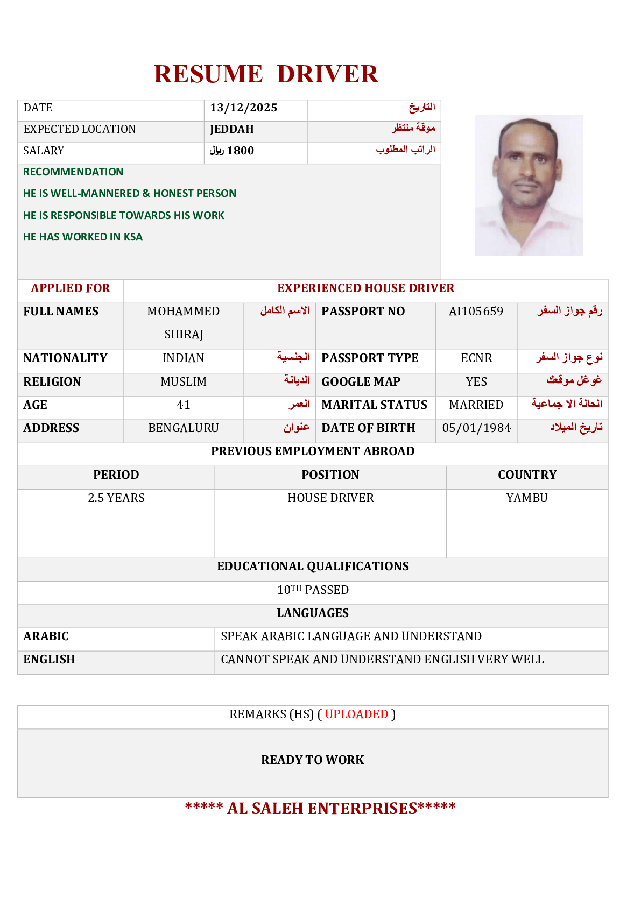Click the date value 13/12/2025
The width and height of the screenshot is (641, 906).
click(x=243, y=108)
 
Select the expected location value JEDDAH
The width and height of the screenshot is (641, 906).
click(x=231, y=130)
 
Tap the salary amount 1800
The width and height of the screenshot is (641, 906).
click(x=240, y=151)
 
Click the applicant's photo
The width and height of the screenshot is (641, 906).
click(x=529, y=186)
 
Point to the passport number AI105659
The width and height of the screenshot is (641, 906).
click(x=476, y=312)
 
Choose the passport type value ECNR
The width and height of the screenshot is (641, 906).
click(x=476, y=358)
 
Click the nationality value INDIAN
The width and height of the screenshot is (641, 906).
click(x=184, y=358)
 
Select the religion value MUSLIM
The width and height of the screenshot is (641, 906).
click(x=184, y=382)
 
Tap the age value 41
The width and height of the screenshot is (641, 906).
click(x=184, y=405)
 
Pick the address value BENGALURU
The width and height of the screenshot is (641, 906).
click(x=184, y=428)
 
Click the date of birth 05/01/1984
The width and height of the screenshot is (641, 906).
click(x=476, y=428)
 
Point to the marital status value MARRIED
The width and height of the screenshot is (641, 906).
click(x=476, y=405)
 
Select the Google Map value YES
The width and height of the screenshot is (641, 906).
click(x=476, y=382)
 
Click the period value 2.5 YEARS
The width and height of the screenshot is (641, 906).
click(x=116, y=498)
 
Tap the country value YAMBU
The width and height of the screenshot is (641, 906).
click(x=527, y=498)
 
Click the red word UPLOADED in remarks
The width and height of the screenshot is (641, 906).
click(x=356, y=714)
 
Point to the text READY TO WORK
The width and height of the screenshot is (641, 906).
click(x=313, y=760)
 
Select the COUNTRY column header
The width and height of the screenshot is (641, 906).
click(x=527, y=475)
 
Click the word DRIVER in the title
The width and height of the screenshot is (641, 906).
click(x=327, y=74)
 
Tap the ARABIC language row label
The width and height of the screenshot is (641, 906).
click(x=46, y=636)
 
